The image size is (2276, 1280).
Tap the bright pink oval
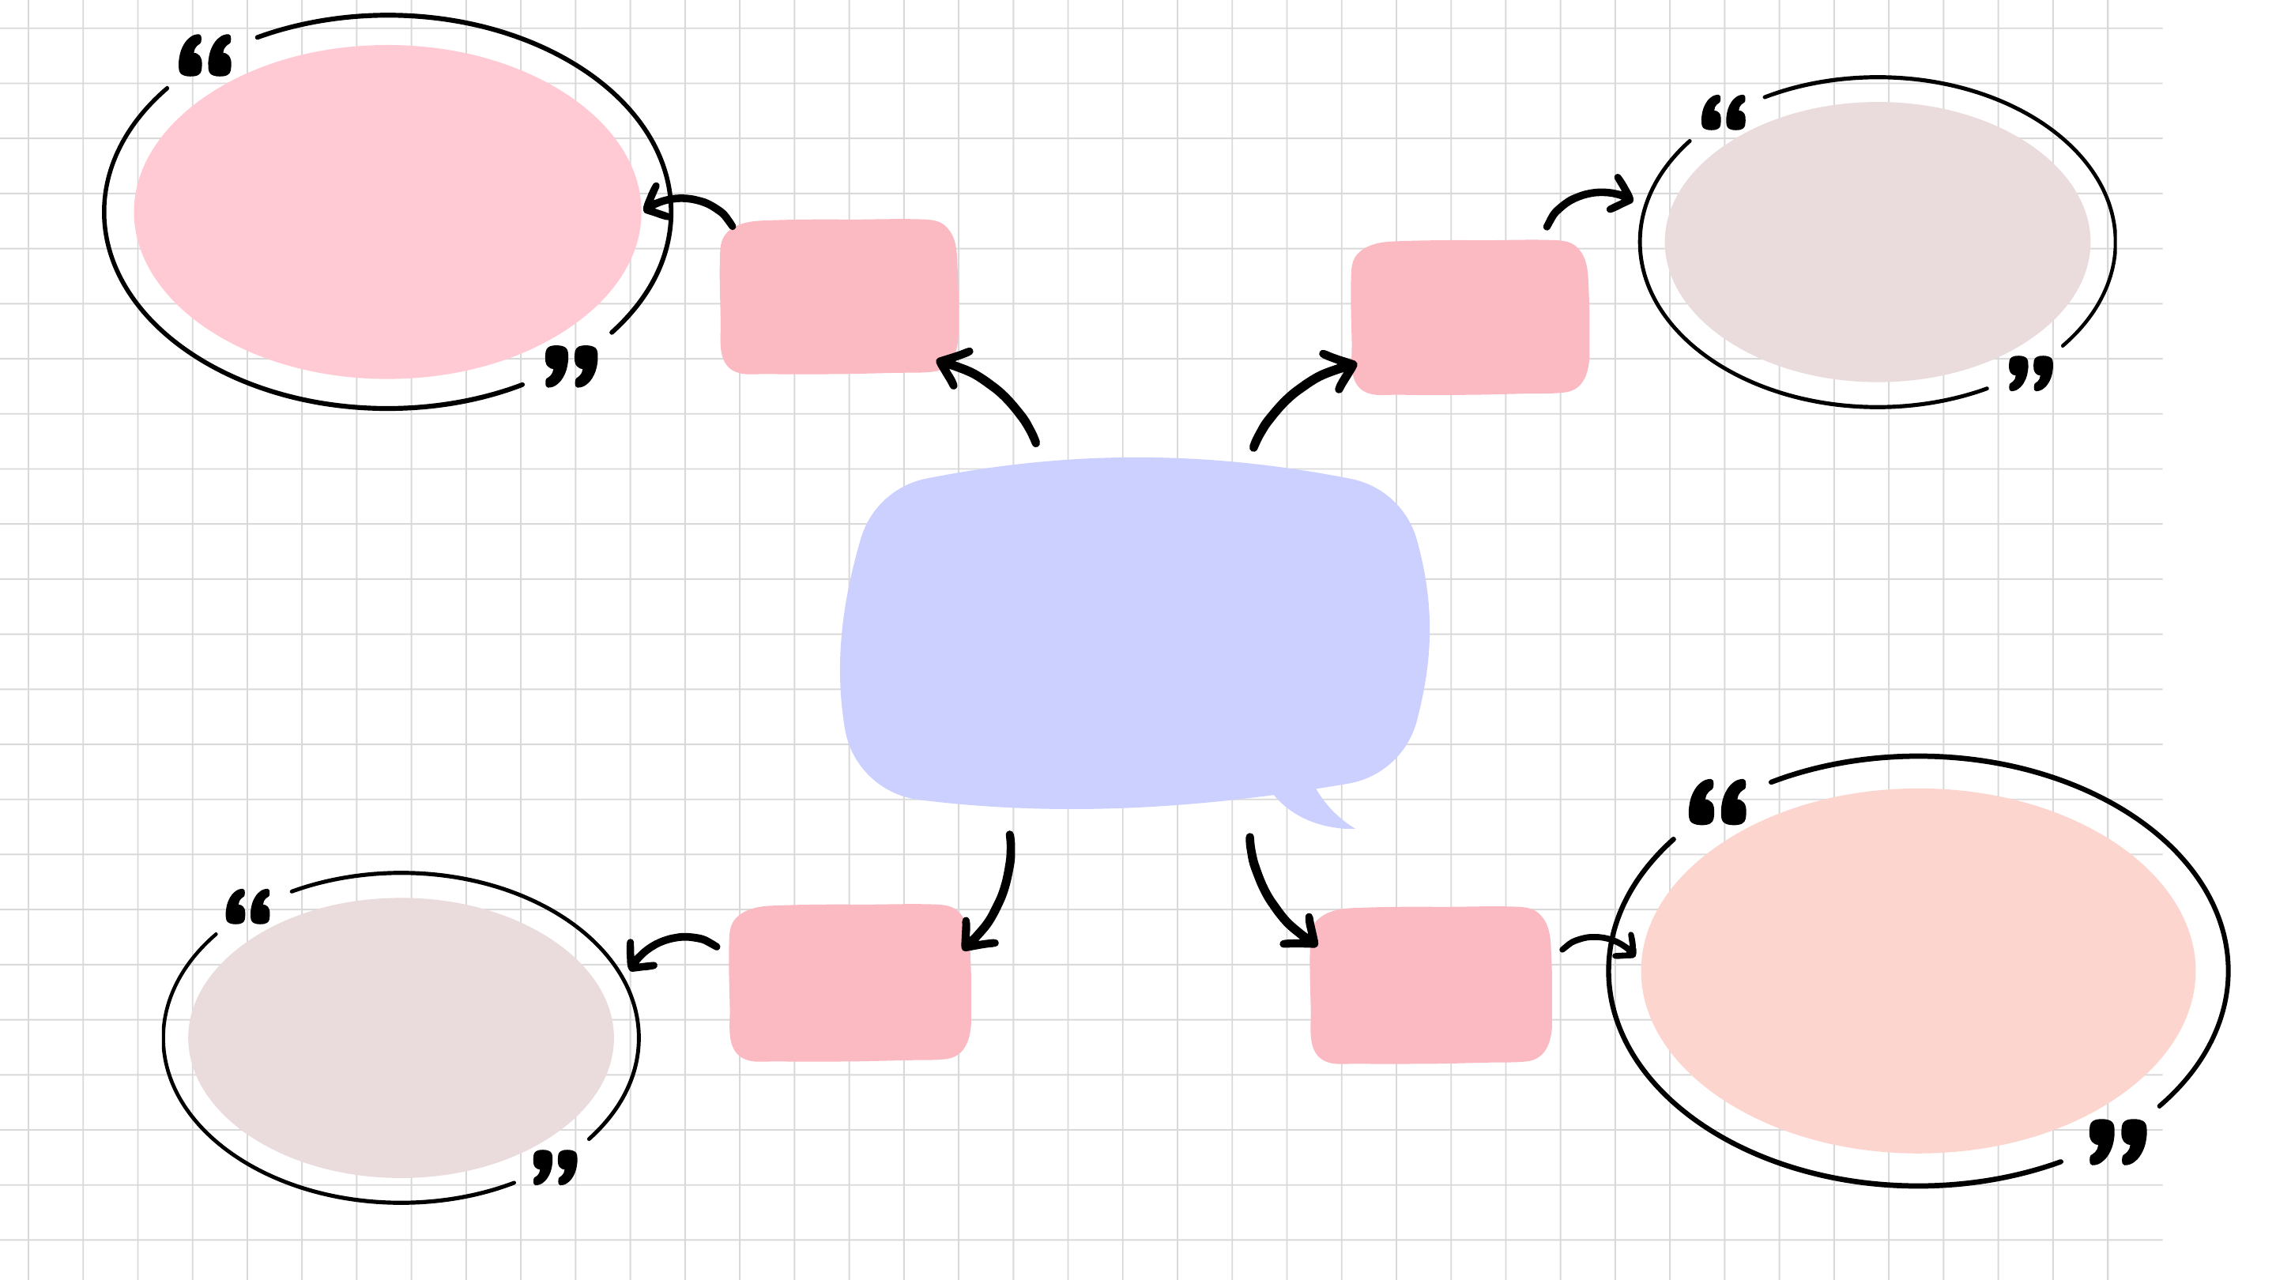tap(387, 212)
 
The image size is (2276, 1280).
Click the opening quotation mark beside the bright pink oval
tap(205, 57)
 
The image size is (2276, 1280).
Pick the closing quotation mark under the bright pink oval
tap(571, 366)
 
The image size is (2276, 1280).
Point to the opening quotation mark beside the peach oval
tap(1716, 803)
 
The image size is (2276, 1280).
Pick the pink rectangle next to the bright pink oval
tap(838, 297)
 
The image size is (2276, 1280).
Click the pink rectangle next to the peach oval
tap(1430, 985)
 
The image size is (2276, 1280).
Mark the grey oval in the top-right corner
tap(1877, 242)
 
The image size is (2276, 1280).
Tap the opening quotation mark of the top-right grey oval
tap(1724, 114)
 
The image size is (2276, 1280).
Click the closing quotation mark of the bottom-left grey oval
tap(555, 1167)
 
